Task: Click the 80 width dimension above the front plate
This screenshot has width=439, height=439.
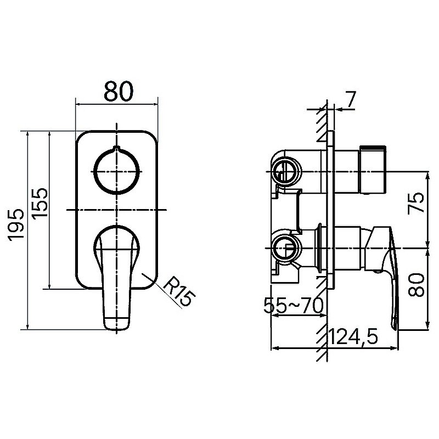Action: (x=119, y=91)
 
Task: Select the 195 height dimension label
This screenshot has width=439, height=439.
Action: (x=16, y=225)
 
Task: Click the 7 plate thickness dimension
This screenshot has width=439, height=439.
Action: (x=351, y=99)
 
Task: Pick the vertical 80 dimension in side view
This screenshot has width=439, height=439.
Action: (x=416, y=285)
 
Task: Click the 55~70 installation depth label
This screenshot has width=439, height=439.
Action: (x=294, y=306)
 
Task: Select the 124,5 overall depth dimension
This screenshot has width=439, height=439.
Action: (x=353, y=336)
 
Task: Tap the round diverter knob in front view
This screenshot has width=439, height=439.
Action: (x=116, y=171)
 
